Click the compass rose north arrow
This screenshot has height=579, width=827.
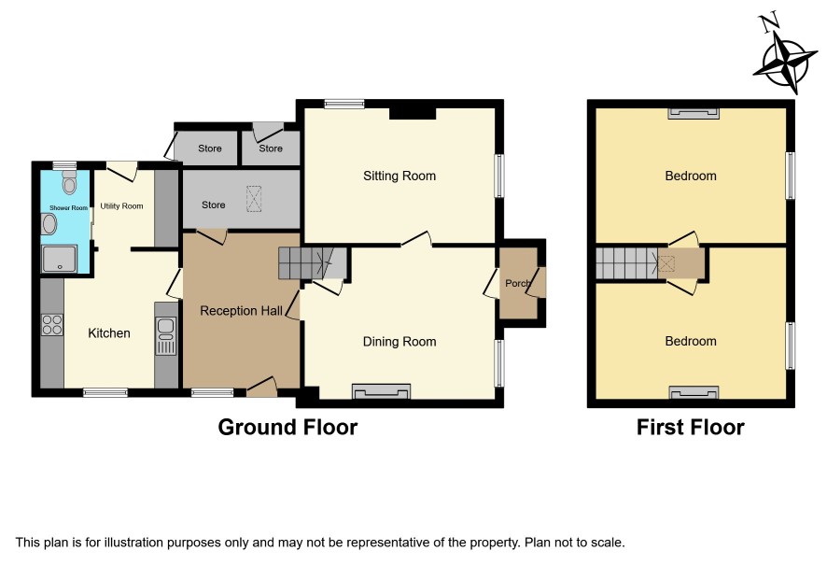785,58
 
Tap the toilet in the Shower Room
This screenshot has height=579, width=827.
69,183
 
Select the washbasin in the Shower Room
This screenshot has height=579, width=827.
49,224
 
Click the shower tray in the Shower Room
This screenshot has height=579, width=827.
60,259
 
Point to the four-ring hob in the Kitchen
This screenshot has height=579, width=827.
52,325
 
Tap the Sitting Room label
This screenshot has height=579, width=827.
399,176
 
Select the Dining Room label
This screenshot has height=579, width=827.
399,342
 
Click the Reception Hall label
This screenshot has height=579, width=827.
241,311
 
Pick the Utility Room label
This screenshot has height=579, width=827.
122,205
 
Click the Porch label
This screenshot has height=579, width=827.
517,284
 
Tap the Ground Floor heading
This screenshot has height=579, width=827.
287,427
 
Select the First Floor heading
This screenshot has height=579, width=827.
691,427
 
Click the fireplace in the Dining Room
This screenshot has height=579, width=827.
382,391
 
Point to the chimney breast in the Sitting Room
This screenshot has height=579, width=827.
413,113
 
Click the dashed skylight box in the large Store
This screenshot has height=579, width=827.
254,199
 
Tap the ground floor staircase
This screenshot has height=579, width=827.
313,262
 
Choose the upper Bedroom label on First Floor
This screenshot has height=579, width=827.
691,176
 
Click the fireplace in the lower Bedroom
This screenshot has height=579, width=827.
694,392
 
